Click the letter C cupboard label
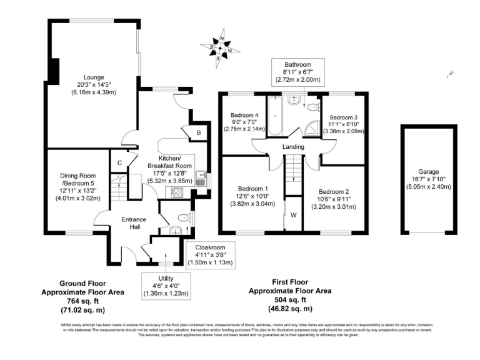pyautogui.click(x=119, y=164)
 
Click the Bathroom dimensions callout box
pyautogui.click(x=297, y=72)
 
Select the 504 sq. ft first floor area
pyautogui.click(x=289, y=300)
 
